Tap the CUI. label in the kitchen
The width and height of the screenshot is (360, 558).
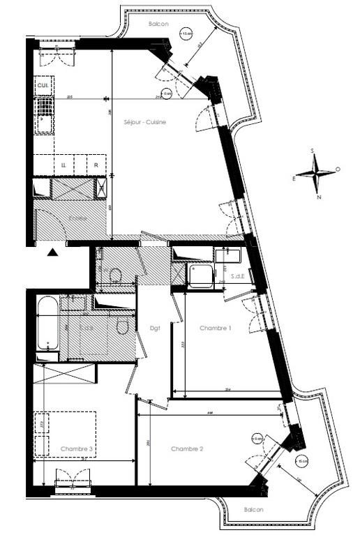click(43, 85)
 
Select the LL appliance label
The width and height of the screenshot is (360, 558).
click(63, 165)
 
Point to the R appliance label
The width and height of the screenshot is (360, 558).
click(96, 165)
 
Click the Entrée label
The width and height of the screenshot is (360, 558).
click(77, 218)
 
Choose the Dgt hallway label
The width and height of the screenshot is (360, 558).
click(155, 328)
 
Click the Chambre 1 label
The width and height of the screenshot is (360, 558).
click(215, 328)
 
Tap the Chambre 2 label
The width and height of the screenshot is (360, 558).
click(187, 448)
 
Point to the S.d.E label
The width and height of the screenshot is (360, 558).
click(237, 278)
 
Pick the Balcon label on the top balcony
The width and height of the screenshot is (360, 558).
click(158, 24)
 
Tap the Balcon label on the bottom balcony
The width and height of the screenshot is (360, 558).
click(254, 509)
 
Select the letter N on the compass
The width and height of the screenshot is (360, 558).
click(319, 196)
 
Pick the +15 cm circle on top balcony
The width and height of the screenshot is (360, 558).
click(186, 33)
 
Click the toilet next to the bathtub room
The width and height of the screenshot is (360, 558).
click(123, 326)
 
